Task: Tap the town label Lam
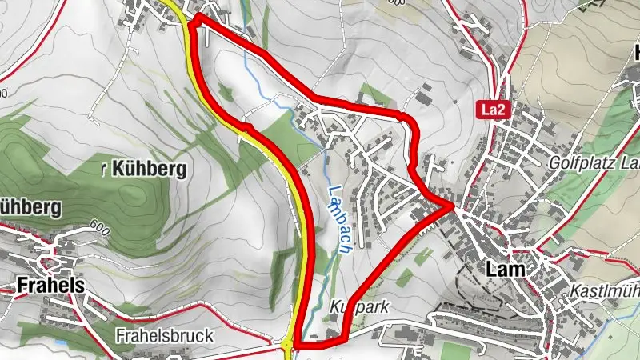tap(505, 270)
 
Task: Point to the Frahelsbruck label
tap(164, 335)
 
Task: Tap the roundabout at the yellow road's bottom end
tap(286, 346)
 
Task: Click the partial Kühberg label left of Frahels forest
tap(30, 208)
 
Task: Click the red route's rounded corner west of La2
tap(412, 120)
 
